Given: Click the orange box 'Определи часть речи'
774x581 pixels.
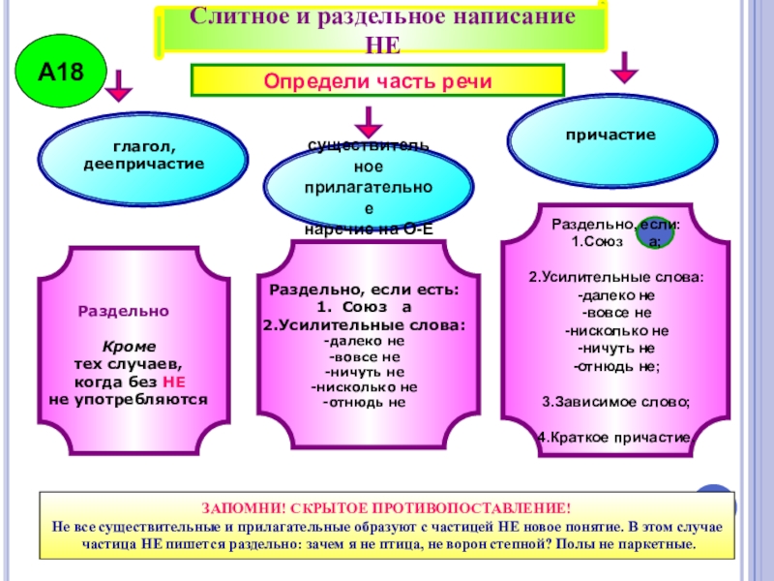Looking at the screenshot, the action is [378, 80].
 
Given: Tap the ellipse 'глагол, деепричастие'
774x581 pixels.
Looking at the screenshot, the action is [144, 155].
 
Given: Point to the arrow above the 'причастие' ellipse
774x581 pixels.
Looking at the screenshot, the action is [625, 67].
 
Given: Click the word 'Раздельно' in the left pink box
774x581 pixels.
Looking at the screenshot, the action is [123, 312].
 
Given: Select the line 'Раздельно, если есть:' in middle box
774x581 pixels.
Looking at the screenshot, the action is [364, 290].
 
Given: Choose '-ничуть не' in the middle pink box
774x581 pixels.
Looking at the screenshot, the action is [364, 371].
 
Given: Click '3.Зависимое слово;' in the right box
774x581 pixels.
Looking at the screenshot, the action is [615, 401].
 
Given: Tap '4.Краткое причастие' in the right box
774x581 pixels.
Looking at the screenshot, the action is [615, 437].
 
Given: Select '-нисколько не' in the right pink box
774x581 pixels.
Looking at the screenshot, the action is [616, 330].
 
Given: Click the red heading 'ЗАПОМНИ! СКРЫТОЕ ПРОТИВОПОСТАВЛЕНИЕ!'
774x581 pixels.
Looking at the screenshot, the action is [386, 508].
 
